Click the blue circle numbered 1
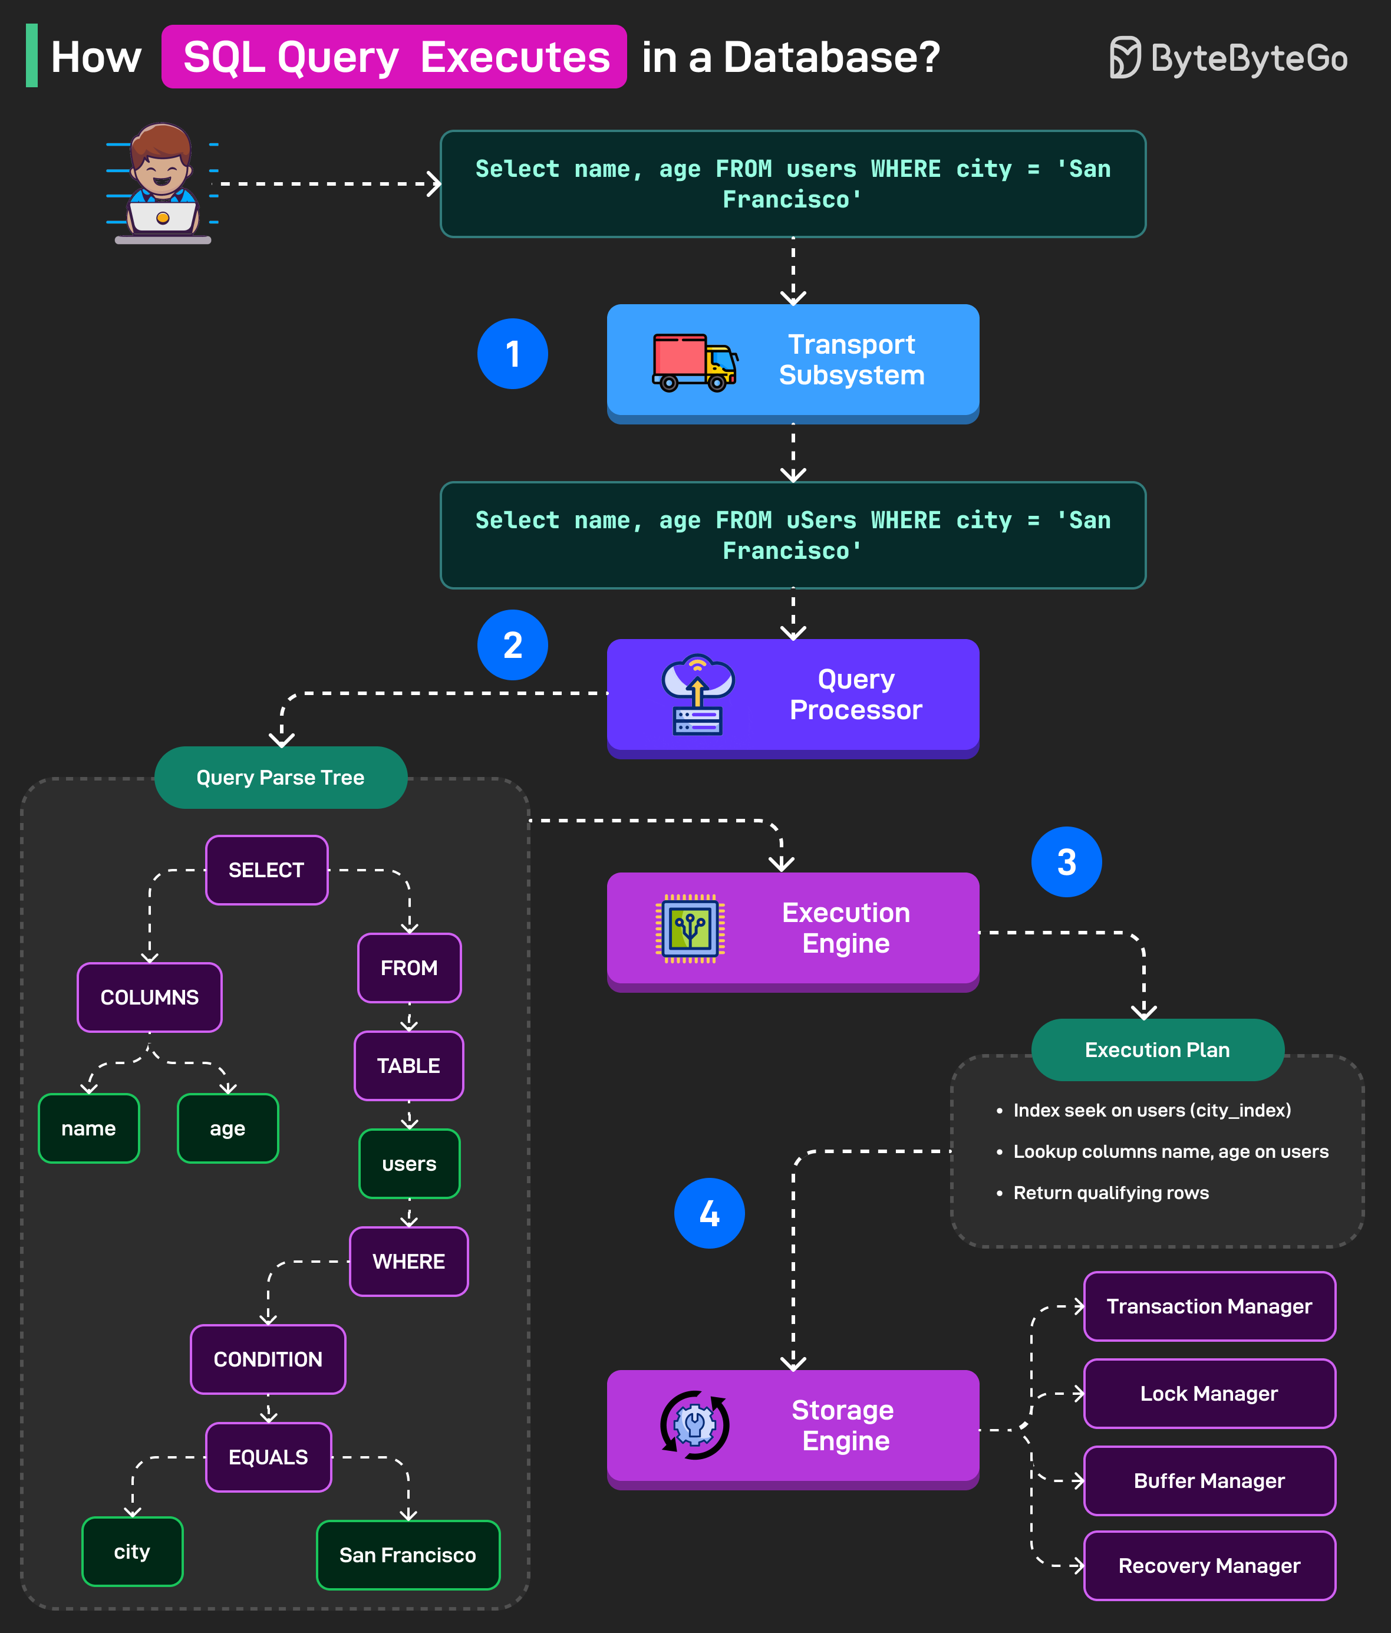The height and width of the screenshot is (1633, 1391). point(512,354)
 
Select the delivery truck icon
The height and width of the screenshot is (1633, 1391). point(694,363)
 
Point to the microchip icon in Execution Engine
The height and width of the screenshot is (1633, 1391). point(690,929)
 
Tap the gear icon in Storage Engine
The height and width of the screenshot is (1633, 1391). point(694,1425)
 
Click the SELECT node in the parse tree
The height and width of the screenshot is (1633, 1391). point(266,870)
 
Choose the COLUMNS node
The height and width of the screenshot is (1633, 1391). point(150,997)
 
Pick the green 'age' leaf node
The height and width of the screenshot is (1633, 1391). point(228,1128)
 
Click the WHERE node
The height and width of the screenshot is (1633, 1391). point(409,1261)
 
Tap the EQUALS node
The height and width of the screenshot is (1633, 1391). point(268,1457)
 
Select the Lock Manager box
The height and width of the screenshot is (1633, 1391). point(1209,1394)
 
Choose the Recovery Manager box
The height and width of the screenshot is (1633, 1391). point(1209,1566)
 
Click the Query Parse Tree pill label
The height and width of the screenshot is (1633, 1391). point(281,778)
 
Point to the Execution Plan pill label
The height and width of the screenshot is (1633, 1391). point(1157,1050)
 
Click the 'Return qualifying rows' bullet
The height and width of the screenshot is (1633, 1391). point(1110,1193)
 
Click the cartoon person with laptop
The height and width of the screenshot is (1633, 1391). point(162,183)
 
